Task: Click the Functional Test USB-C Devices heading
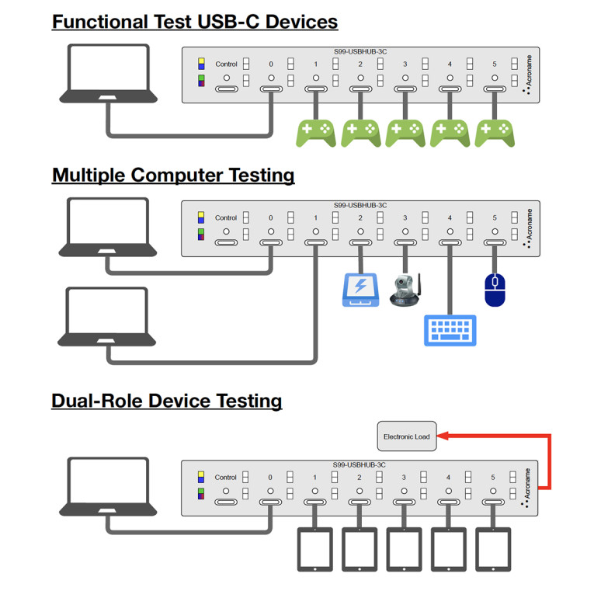tap(194, 21)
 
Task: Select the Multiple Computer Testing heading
tap(173, 175)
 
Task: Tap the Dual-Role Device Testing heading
tap(166, 401)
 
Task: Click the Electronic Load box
tap(406, 436)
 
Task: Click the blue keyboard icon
tap(450, 330)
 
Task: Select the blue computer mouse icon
tap(495, 289)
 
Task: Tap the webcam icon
tap(405, 290)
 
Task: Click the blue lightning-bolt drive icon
tap(360, 289)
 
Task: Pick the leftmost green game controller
tap(316, 133)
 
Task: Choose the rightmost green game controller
tap(495, 133)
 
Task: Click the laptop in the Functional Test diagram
tap(109, 75)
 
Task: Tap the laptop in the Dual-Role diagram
tap(109, 487)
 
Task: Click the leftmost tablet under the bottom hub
tap(314, 550)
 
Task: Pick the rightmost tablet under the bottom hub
tap(494, 550)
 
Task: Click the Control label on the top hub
tap(226, 64)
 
